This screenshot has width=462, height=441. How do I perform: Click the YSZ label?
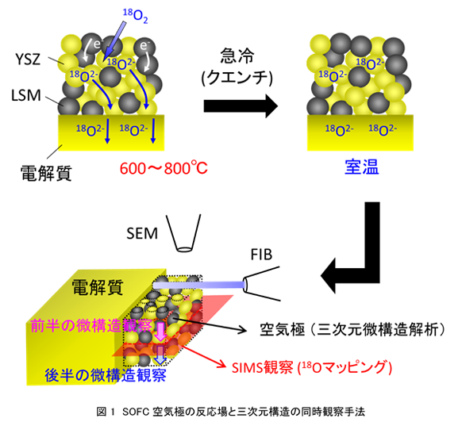coord(28,59)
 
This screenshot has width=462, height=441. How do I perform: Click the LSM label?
coord(26,95)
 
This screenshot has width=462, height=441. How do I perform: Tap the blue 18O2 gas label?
coord(135,16)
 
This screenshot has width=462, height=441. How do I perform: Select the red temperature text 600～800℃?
coord(164,168)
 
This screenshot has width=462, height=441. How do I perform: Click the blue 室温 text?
coord(362,167)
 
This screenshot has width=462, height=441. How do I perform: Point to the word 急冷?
coord(237,56)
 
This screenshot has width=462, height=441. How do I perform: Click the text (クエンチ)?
coord(237,78)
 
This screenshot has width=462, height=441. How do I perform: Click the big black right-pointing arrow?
coord(241,106)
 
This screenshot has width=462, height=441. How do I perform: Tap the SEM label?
coord(142,233)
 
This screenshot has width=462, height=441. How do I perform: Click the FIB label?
coord(261,255)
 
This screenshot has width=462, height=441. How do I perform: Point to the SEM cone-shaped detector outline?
coord(184,233)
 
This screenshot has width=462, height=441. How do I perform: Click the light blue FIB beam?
coord(199,285)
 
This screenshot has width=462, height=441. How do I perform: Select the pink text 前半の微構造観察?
coord(91,326)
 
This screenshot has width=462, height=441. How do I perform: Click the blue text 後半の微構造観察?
coord(106,374)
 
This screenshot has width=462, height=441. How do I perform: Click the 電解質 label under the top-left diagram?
coord(46,173)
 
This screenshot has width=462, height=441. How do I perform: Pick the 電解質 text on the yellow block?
coord(98,287)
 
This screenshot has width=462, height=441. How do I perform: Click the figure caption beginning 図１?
coord(231,412)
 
